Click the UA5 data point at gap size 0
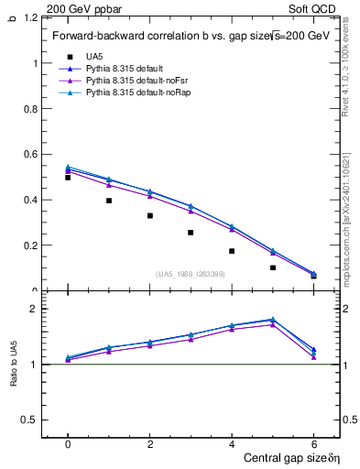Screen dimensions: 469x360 [68, 178]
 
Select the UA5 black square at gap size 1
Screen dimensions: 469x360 [109, 201]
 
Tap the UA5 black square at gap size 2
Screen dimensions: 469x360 [149, 216]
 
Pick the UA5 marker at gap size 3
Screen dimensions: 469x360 [191, 233]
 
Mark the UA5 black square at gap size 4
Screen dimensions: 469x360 [232, 251]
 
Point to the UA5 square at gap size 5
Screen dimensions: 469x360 [273, 267]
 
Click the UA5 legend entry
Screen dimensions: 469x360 [93, 56]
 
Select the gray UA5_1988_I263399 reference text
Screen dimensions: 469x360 [191, 274]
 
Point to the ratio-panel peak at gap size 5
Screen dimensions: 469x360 [273, 320]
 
